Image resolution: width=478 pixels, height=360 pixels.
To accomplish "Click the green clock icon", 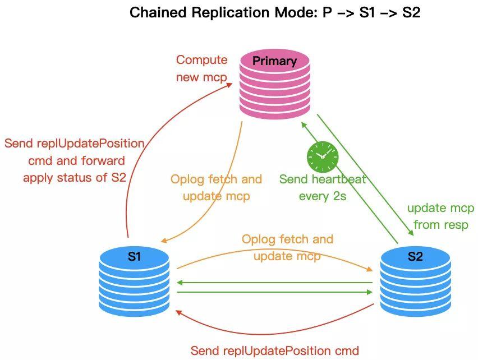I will click(322, 156).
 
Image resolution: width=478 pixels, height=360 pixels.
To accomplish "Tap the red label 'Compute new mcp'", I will click(201, 68).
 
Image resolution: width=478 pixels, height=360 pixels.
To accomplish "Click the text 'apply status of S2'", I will click(74, 178).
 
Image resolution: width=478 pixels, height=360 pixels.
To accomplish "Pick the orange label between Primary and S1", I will click(216, 188).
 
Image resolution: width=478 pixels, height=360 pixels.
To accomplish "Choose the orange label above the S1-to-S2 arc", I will click(287, 247).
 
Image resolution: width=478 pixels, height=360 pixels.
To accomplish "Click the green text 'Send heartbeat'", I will click(323, 179).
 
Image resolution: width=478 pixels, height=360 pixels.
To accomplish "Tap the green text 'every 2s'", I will click(322, 196).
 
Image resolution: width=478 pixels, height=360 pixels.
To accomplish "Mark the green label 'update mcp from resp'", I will click(440, 216).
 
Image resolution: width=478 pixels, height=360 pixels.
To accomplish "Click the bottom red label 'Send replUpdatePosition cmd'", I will click(274, 351).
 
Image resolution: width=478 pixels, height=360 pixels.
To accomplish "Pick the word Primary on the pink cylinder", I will click(274, 61).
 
